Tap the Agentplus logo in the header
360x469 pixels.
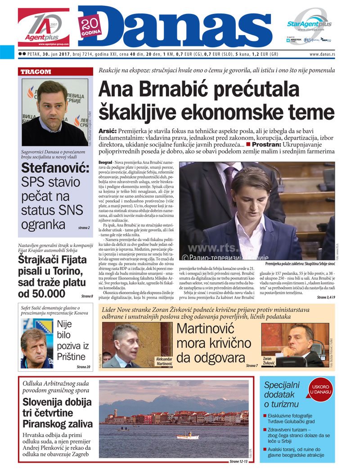tap(43, 27)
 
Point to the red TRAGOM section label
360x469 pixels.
tap(36, 72)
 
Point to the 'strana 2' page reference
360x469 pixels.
tap(83, 228)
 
